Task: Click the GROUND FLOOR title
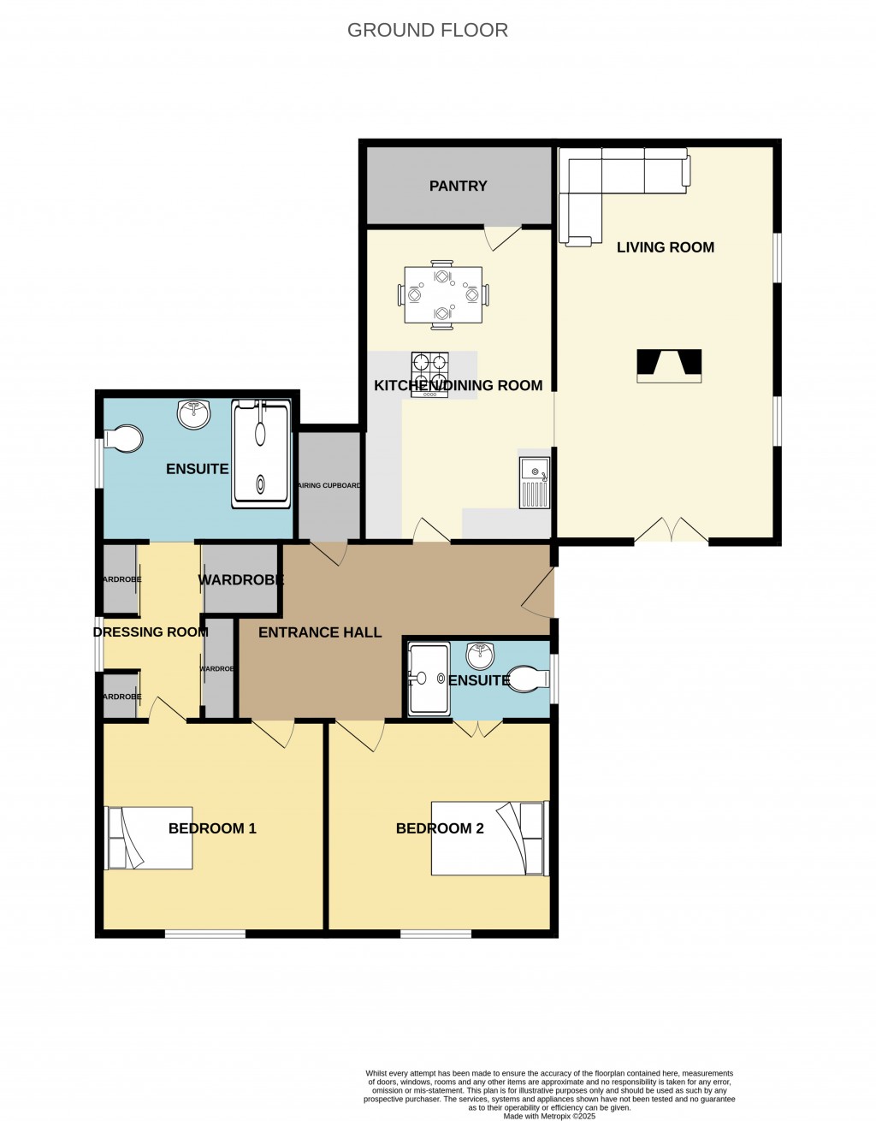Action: click(427, 30)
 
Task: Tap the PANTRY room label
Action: click(458, 186)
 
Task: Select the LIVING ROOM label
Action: click(665, 247)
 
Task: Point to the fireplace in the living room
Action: click(669, 365)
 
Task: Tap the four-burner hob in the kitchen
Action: click(430, 373)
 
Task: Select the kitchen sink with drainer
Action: click(534, 483)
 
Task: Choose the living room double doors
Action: click(672, 531)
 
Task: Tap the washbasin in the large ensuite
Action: click(194, 415)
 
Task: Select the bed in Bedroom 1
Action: click(148, 838)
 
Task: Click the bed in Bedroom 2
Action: click(488, 838)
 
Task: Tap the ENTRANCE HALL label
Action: click(320, 632)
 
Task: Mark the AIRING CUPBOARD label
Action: click(328, 485)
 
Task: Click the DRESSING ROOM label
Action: click(151, 632)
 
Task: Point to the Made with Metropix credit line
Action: click(549, 1116)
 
